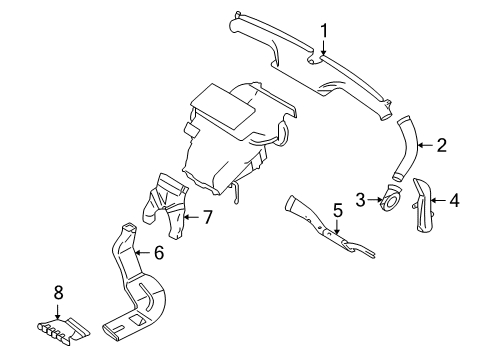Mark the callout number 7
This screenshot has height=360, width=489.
click(x=207, y=216)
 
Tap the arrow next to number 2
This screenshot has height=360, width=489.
click(x=424, y=146)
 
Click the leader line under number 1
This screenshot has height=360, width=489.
click(x=323, y=47)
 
